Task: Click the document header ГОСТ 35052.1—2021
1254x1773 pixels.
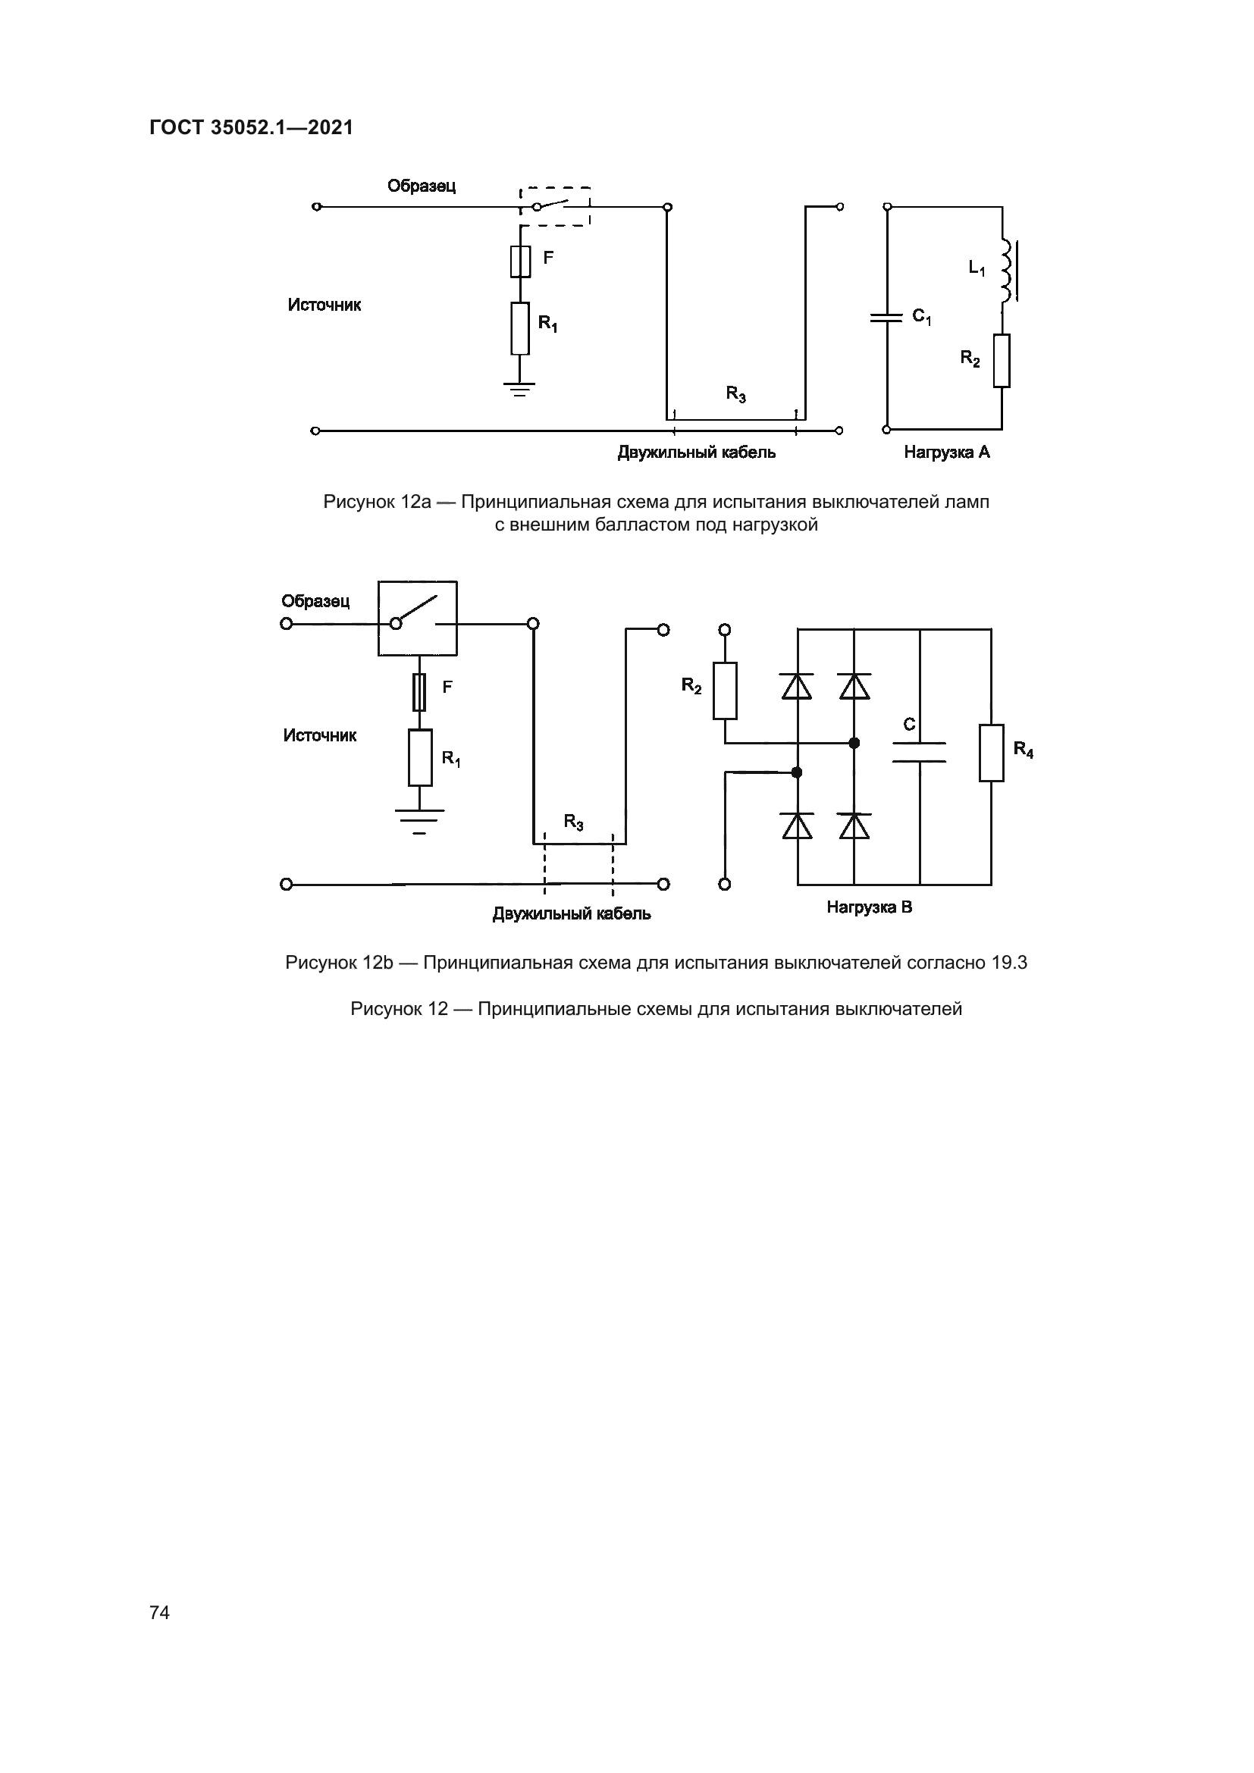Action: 251,127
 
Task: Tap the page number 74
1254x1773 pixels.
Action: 160,1612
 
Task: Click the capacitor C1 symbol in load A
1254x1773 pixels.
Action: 886,317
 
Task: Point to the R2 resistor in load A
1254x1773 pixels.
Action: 1002,361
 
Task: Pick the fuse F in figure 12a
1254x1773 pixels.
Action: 520,262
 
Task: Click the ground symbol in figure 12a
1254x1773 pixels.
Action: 520,387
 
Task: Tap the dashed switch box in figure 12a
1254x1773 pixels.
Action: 555,206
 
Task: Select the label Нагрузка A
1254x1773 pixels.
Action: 947,453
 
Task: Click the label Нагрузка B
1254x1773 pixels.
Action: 870,907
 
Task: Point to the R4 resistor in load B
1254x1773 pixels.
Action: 992,753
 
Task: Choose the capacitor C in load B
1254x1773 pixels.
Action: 919,752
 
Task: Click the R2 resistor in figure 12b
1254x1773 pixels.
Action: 724,691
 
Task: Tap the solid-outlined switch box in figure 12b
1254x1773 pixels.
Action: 417,619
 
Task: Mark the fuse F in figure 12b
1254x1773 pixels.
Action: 420,692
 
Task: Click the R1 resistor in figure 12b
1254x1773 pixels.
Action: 420,757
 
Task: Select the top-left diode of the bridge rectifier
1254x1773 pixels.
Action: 797,686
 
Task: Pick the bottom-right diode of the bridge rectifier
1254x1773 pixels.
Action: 854,826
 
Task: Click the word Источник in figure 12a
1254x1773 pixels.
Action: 324,305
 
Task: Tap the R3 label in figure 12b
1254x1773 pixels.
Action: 574,822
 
